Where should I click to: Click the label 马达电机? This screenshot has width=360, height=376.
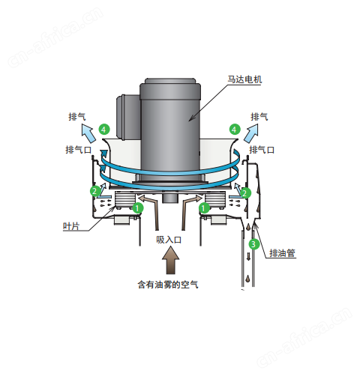click(244, 79)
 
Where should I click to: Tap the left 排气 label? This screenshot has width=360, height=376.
click(77, 117)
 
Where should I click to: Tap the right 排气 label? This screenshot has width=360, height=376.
click(259, 117)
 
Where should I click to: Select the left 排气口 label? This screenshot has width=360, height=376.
click(79, 150)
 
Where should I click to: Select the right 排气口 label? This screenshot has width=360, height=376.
click(262, 150)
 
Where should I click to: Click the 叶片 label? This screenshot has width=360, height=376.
click(71, 226)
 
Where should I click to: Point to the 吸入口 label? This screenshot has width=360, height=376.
click(169, 240)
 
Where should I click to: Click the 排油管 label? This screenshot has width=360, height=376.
click(282, 253)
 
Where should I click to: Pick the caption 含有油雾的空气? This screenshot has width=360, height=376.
click(168, 285)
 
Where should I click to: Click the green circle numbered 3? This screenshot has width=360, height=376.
click(254, 244)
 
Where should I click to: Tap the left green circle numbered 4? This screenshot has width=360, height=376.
click(104, 130)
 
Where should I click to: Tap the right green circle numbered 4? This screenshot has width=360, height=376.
click(234, 130)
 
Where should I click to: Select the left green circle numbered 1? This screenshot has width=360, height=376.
click(138, 207)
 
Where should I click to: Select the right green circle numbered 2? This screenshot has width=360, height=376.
click(245, 192)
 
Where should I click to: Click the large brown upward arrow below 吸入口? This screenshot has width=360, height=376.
click(171, 260)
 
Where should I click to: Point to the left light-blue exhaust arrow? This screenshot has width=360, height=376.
click(88, 133)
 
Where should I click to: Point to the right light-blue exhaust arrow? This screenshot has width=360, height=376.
click(250, 133)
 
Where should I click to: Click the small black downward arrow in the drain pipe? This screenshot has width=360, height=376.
click(248, 256)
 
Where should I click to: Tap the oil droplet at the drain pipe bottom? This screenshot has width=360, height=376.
click(248, 278)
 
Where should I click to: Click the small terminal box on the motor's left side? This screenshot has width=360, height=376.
click(128, 116)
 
